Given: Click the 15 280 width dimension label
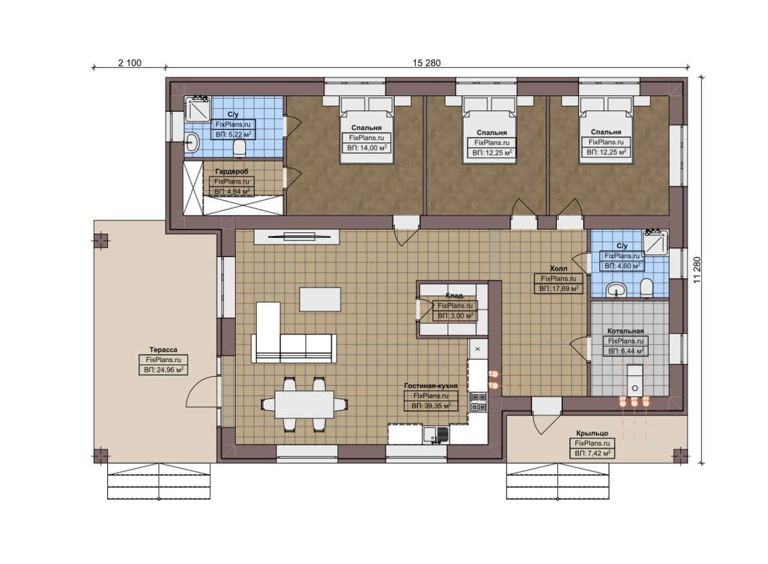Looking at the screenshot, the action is coord(427,63).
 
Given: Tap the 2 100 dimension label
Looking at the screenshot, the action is coord(130,63).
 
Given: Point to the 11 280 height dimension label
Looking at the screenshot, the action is coord(697,270).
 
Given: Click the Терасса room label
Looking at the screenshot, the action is coord(163,350).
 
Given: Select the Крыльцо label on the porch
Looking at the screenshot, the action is coord(592,433).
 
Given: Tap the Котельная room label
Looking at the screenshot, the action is coord(625,331).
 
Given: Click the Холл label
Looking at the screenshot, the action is coord(559,268).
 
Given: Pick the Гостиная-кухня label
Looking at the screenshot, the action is coord(431,386).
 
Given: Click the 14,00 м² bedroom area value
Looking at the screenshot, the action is coord(367,148).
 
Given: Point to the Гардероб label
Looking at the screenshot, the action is coord(232,171).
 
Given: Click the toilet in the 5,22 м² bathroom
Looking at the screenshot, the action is coord(239,148).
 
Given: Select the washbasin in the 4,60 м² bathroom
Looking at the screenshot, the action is coord(616,290).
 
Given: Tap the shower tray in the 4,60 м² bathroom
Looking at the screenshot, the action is coord(656,243).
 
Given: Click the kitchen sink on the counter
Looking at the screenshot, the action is coord(436,435).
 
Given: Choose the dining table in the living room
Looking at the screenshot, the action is coord(304,404).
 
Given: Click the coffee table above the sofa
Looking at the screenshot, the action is coord(320,299).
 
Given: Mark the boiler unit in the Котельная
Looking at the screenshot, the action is coord(635,381).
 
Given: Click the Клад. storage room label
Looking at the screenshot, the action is coord(455,296).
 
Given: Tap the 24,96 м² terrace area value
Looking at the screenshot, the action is coord(164,370).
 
